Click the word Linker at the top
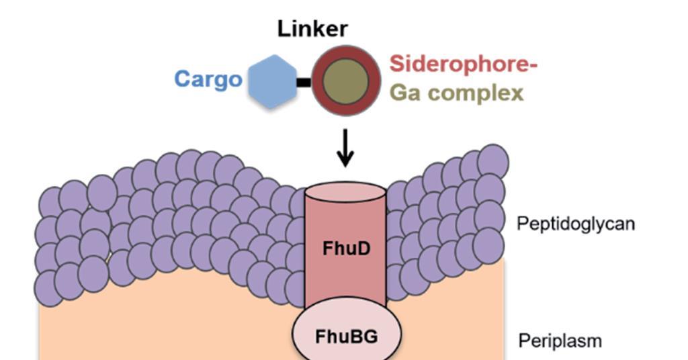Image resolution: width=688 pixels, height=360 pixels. (314, 29)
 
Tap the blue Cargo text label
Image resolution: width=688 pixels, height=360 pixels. (208, 79)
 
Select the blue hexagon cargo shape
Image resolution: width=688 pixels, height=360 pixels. (272, 82)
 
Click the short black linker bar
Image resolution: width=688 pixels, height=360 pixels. (304, 83)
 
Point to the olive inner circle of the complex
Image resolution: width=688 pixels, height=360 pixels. (345, 82)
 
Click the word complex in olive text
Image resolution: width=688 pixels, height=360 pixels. (477, 94)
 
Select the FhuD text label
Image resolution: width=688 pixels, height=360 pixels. (345, 251)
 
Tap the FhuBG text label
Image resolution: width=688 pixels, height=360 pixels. (346, 335)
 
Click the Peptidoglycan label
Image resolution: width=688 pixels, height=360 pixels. (575, 224)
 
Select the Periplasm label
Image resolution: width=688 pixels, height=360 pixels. (560, 341)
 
